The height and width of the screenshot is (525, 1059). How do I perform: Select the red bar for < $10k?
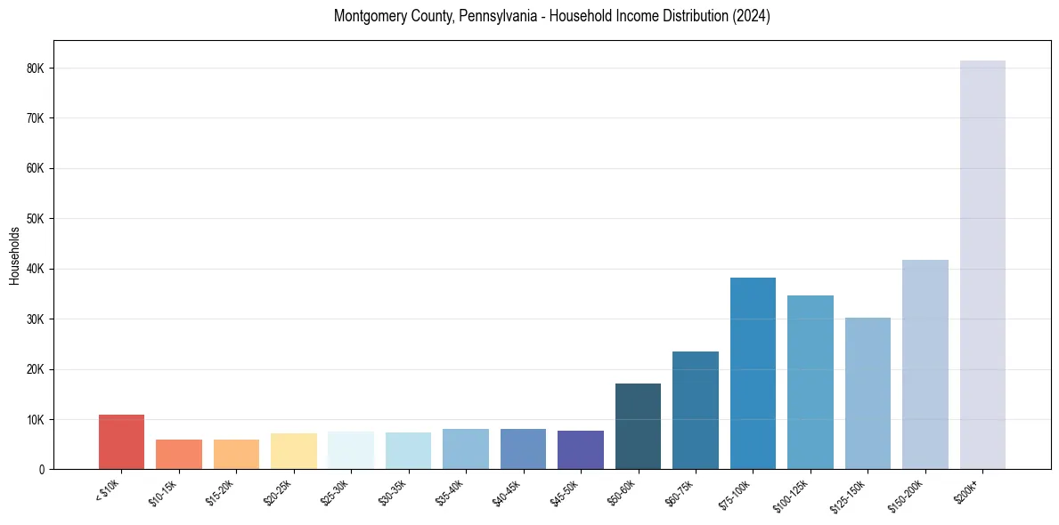pos(121,442)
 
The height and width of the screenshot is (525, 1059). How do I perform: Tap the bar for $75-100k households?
pos(753,374)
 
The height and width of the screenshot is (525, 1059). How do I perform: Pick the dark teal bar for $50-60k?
pos(638,426)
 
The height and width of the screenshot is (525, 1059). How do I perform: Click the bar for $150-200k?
pos(925,365)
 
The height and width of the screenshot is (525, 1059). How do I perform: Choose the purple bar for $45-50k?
pos(581,450)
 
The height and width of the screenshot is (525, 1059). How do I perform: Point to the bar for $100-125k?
pos(811,383)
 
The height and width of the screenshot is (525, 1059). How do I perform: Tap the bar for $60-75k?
pos(696,410)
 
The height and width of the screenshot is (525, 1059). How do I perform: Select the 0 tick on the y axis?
pos(41,470)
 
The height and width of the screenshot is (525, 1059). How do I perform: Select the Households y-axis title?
pos(14,255)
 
